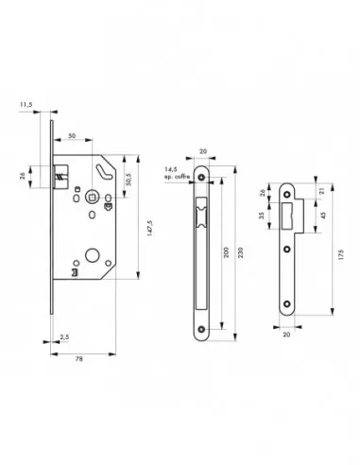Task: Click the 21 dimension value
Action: pos(321,192)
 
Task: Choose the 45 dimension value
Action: pos(321,213)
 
